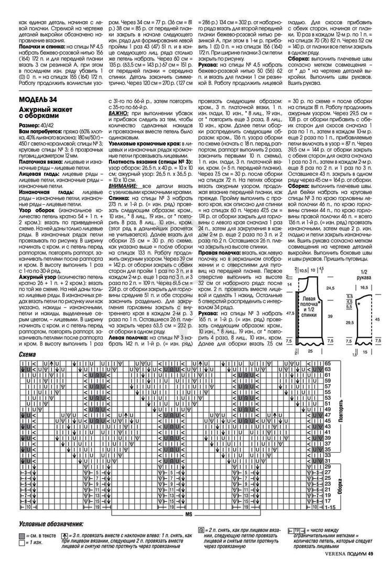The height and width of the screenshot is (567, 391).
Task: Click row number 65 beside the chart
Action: point(328,364)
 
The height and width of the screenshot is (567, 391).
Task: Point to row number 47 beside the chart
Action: point(328,415)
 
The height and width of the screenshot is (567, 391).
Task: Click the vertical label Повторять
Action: point(341,404)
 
